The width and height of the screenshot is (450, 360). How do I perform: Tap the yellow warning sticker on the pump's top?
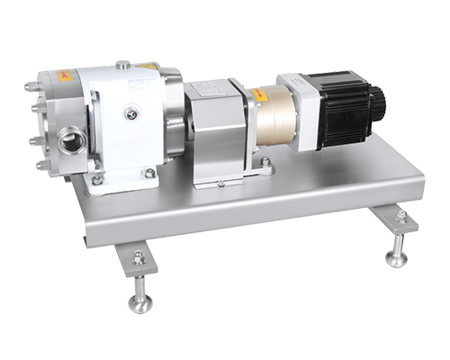point(148,66)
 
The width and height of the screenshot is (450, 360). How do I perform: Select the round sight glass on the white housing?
point(132,113)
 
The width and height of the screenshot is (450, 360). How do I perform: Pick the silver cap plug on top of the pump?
point(122,64)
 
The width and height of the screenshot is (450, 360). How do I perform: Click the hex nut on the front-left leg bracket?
point(139,257)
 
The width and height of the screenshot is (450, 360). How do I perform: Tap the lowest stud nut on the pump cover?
point(42,166)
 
